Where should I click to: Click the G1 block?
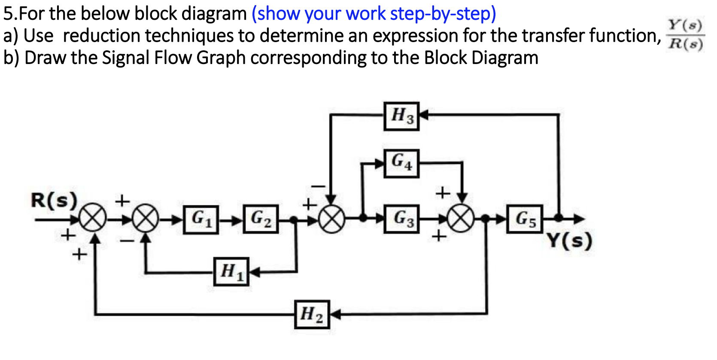tap(201, 220)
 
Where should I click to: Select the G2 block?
tap(261, 220)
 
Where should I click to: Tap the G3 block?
tap(401, 219)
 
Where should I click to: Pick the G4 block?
tap(401, 163)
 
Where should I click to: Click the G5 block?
tap(525, 219)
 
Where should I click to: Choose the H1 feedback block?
tap(231, 272)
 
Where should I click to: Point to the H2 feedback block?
tap(312, 314)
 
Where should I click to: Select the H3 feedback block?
tap(401, 116)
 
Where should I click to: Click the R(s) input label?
tap(54, 200)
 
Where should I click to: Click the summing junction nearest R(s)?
tap(92, 220)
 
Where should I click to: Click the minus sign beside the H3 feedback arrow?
tap(319, 186)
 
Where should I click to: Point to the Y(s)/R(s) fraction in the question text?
tap(685, 35)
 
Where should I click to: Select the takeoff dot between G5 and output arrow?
tap(558, 218)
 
